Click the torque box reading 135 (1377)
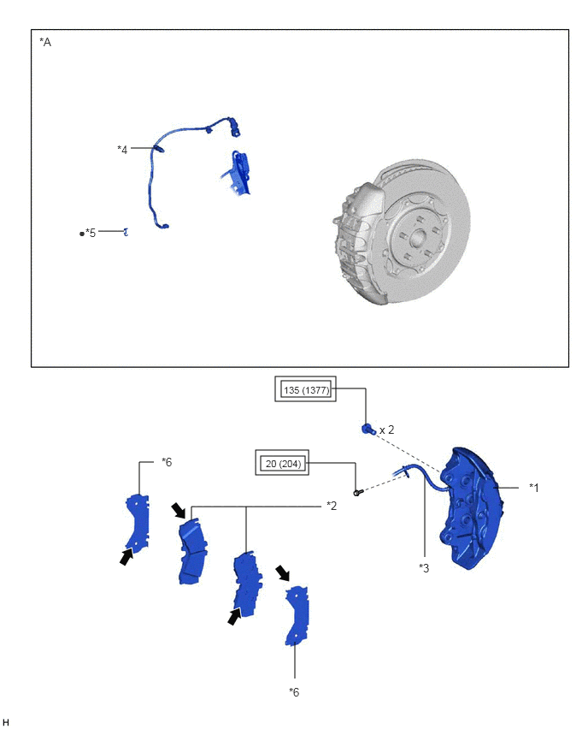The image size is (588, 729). coord(305,389)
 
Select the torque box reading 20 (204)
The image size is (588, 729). coord(282,463)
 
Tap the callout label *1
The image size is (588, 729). coord(533,488)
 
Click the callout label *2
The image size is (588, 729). coord(331,506)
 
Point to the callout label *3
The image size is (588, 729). coord(424,568)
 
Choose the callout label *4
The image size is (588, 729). coord(122,150)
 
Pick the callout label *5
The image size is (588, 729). coord(91,233)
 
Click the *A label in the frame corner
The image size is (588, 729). coord(45,42)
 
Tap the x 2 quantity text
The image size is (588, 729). coord(386,430)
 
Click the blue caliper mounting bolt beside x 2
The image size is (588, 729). coord(367,430)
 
